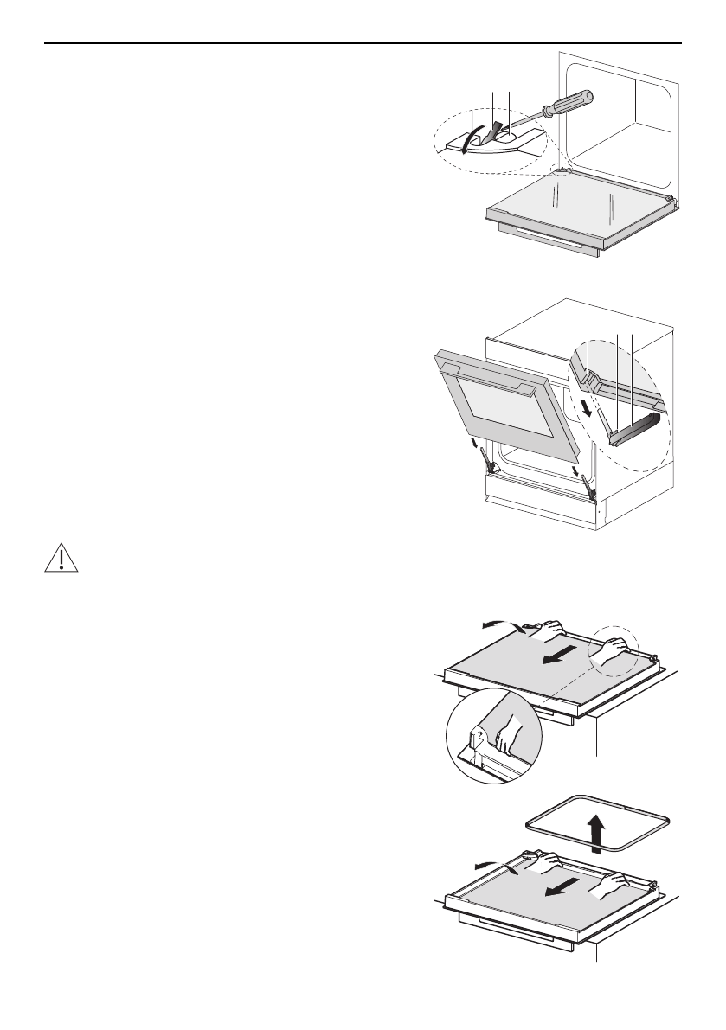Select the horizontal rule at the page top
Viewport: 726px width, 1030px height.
pos(363,43)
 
